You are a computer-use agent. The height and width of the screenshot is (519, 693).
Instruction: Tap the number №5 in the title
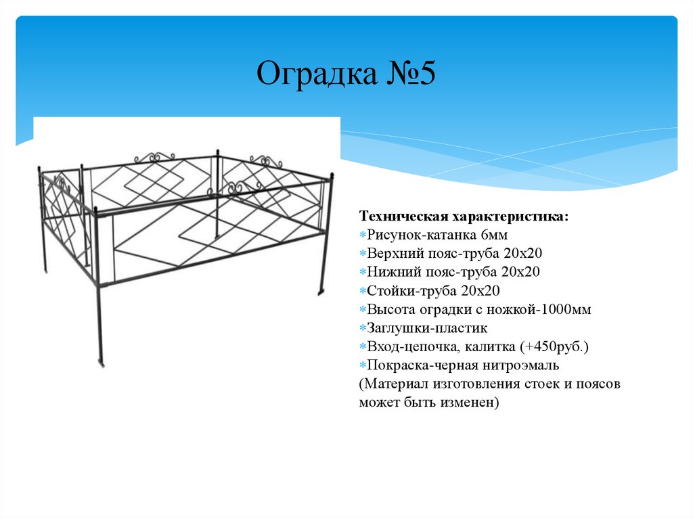[x=404, y=74]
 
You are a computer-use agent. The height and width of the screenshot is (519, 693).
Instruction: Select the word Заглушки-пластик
[x=427, y=330]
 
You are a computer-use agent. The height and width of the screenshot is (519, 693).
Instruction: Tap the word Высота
[x=390, y=311]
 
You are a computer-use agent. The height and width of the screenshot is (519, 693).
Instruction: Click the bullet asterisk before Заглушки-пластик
[x=363, y=330]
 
